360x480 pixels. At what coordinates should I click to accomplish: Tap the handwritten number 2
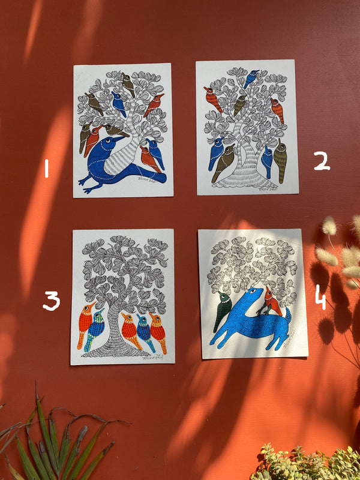[322, 161]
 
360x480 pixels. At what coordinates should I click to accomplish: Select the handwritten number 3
[52, 300]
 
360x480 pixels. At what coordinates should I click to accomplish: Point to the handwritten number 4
[320, 297]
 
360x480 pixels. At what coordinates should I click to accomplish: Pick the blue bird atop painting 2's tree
[251, 78]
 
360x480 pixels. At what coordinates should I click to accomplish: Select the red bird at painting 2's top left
[212, 98]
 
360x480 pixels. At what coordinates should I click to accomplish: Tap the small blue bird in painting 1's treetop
[119, 103]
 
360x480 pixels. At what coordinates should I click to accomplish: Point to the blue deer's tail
[288, 316]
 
